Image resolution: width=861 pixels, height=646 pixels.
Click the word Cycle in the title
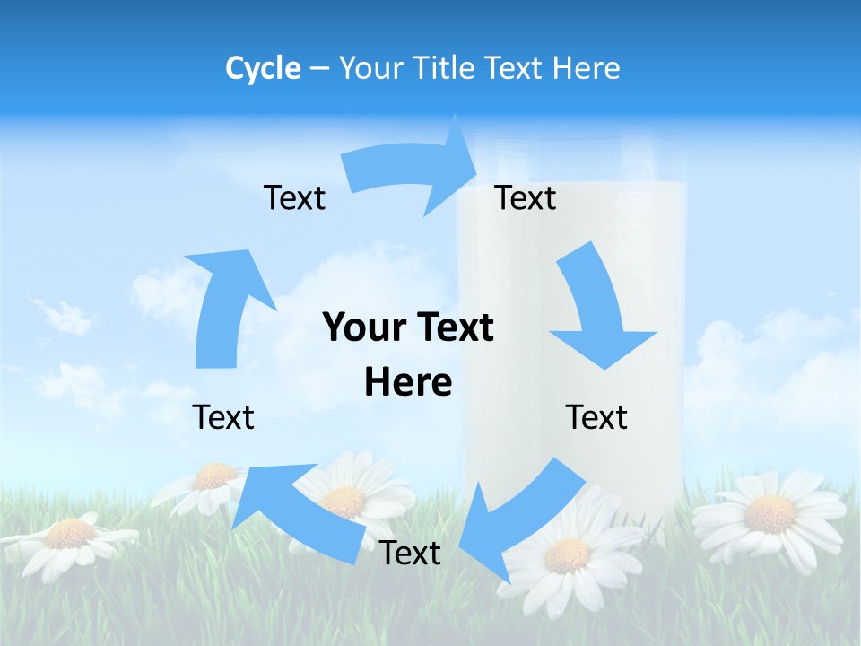tap(263, 68)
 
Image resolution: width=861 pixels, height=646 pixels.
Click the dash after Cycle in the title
tap(319, 68)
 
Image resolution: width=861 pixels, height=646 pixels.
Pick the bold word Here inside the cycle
tap(408, 382)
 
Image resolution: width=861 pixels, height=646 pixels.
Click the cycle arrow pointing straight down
tap(596, 310)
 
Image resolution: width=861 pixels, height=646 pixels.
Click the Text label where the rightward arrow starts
tap(294, 197)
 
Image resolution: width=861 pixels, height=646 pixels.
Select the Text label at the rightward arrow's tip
tap(526, 197)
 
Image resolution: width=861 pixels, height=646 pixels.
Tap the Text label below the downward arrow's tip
tap(596, 417)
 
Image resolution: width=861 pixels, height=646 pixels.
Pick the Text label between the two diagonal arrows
tap(410, 553)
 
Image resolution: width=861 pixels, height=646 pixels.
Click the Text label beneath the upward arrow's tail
tap(223, 417)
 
